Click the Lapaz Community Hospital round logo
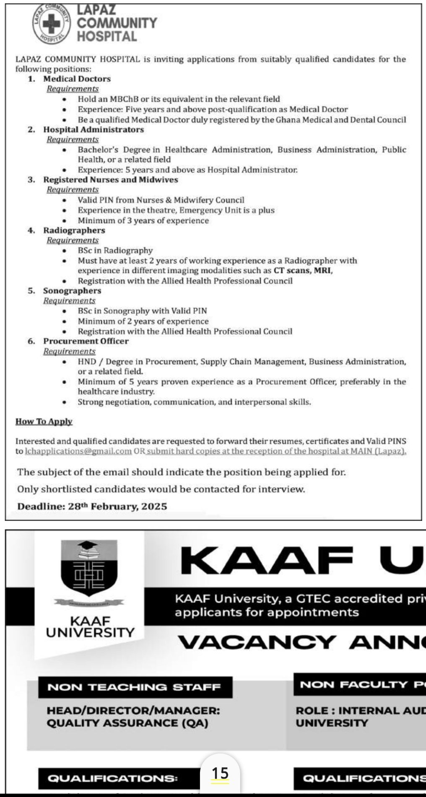coord(52,24)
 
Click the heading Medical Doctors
coord(77,79)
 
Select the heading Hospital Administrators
coord(94,129)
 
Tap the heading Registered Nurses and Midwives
coord(111,180)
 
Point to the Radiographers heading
coord(74,230)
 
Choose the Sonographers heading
coord(72,291)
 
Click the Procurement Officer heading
coord(86,341)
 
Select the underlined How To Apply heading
coord(44,422)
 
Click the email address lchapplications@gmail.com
coord(78,451)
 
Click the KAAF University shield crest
coord(90,570)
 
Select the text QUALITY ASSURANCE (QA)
coord(127,723)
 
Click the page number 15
coord(220,773)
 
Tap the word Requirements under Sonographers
coord(69,301)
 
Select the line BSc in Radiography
coord(115,251)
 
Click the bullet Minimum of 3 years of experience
coord(143,220)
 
